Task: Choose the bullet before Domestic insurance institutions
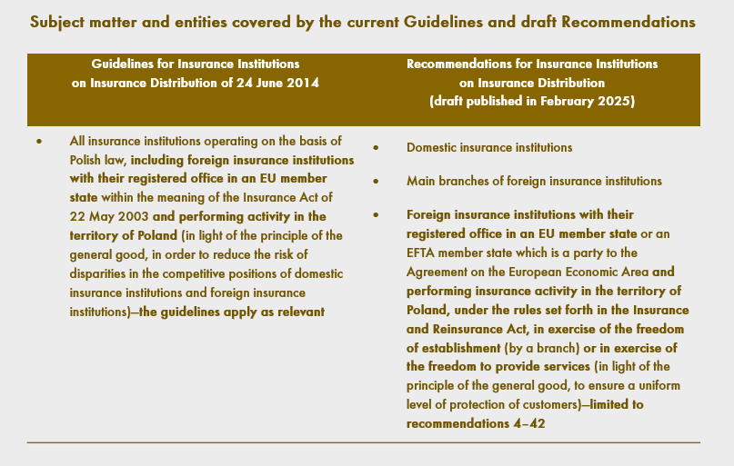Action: coord(377,148)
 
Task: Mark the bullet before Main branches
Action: coord(377,182)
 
